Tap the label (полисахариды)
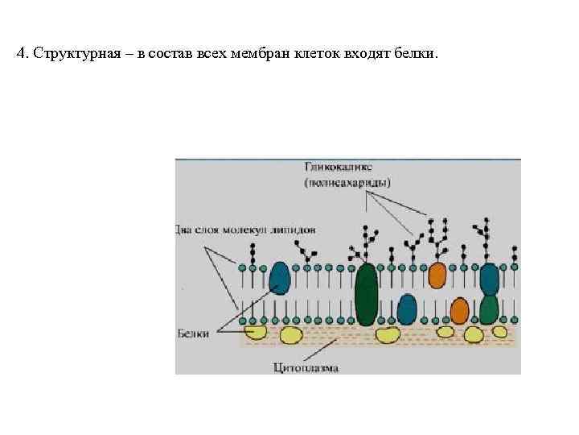pos(347,183)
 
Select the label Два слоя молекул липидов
pos(245,230)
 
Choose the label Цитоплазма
pos(306,368)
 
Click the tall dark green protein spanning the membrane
pos(367,295)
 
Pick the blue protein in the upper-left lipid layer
pos(280,276)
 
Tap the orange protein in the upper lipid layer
pos(437,275)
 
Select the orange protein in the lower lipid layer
pos(459,310)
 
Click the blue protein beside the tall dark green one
pos(408,309)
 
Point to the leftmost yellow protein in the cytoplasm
pos(257,331)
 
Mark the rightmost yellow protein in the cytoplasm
pos(499,331)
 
